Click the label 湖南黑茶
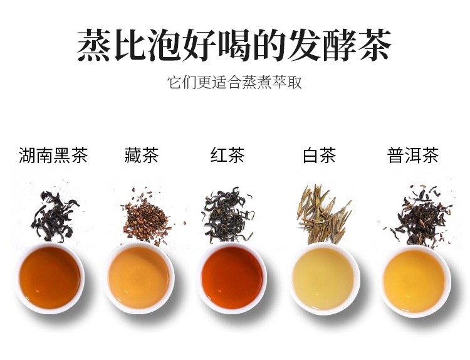[x=53, y=155]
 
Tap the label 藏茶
[x=141, y=155]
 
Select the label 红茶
[x=227, y=155]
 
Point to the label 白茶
[x=319, y=155]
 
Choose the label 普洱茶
[x=413, y=155]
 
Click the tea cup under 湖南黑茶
[x=50, y=278]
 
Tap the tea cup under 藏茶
[x=138, y=278]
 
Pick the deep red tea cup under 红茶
[x=232, y=278]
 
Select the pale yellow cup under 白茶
[x=325, y=279]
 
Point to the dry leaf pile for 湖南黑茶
[x=54, y=216]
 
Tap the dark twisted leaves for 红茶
[x=228, y=214]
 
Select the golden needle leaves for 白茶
[x=323, y=214]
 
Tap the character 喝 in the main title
[x=234, y=45]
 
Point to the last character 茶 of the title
[x=374, y=45]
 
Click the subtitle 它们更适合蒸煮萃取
[x=234, y=82]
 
